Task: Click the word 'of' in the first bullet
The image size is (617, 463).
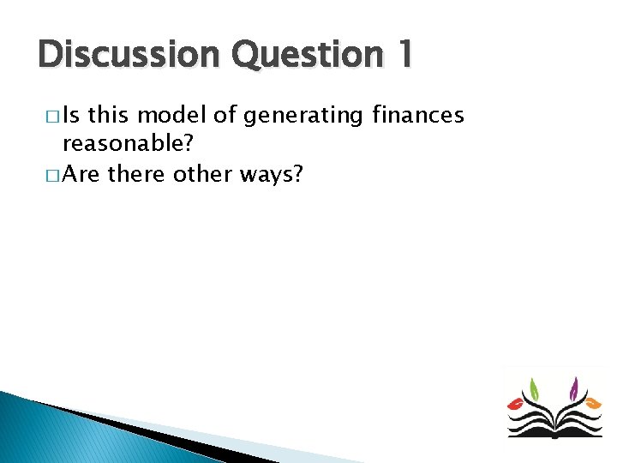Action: coord(228,116)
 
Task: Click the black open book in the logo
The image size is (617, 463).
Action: coord(554,423)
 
